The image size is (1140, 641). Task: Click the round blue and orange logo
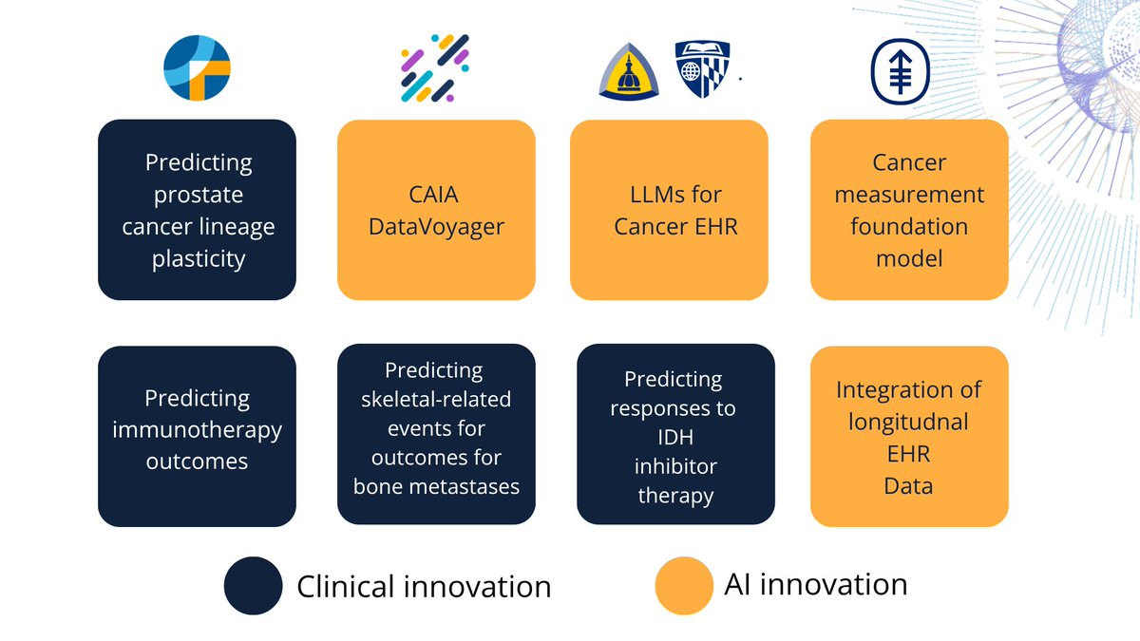coord(198,67)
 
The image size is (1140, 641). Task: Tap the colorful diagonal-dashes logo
coord(433,67)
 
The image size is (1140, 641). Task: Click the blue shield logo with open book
coord(702,70)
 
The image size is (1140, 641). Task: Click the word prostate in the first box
coord(197,195)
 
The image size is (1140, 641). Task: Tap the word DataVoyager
coord(436,226)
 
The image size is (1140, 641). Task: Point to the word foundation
coord(909,226)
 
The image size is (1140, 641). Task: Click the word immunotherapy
coord(197,429)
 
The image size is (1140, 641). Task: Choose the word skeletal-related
coord(436,399)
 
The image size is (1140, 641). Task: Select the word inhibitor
coord(675,466)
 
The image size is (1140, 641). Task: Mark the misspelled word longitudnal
coord(908,421)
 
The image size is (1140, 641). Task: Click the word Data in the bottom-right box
coord(908,485)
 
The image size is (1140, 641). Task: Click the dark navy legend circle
coord(253,585)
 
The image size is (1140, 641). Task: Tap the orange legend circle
coord(684,585)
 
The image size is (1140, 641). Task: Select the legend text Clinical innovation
coord(424,586)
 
